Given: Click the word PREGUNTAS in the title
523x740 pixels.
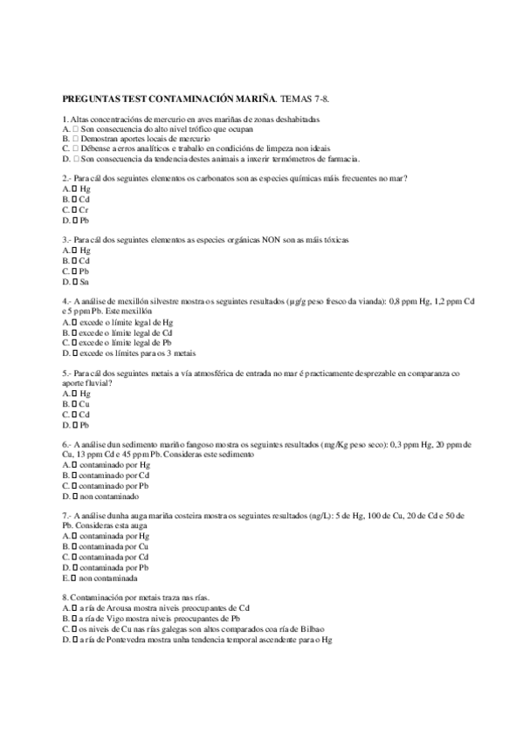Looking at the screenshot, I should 91,100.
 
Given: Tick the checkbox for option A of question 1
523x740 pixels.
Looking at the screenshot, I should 76,128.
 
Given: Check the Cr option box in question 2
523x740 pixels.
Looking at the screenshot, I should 75,210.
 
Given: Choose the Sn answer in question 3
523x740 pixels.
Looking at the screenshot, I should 75,281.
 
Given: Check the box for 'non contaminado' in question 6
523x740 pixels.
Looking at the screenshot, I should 76,496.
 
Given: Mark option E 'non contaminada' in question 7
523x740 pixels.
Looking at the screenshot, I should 75,578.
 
